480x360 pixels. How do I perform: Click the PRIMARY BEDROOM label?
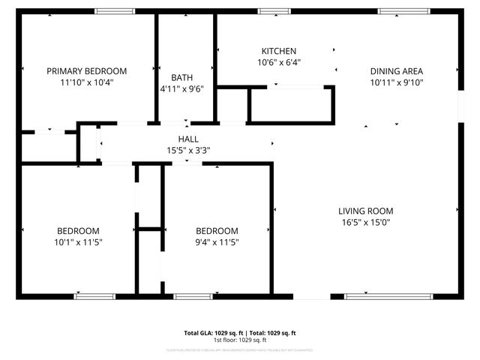click(87, 71)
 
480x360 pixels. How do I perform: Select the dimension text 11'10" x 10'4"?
click(87, 82)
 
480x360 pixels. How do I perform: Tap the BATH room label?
click(181, 77)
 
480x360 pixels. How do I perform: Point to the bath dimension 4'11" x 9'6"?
click(181, 88)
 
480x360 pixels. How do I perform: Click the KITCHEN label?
click(278, 51)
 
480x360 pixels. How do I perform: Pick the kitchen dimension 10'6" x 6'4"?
click(278, 62)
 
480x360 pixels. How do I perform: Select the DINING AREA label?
click(397, 71)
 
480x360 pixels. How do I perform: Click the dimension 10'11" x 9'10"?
click(397, 82)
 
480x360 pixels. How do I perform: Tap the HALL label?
click(188, 139)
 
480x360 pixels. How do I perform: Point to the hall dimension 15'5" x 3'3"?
click(188, 150)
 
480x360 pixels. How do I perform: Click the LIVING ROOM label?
click(365, 211)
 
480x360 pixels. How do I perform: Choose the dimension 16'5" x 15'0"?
click(365, 222)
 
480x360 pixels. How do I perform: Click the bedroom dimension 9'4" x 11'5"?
click(217, 242)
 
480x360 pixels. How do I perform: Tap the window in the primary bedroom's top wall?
click(115, 11)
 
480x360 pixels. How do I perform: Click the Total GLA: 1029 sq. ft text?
click(209, 332)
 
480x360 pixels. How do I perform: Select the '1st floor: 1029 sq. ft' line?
click(240, 340)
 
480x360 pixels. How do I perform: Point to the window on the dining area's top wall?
click(398, 11)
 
